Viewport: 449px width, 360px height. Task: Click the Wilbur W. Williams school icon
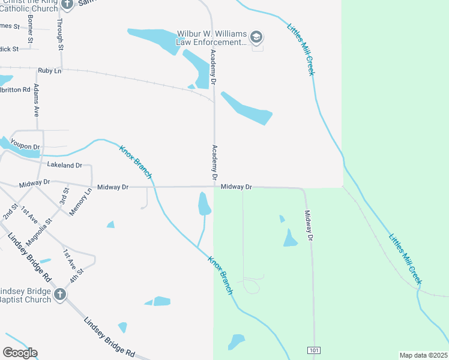[257, 38]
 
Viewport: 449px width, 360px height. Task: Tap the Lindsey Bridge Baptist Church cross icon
[59, 295]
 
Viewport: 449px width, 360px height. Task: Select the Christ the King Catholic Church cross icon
[67, 4]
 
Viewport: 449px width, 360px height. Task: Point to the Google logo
[20, 353]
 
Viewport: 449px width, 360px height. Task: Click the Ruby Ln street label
[50, 71]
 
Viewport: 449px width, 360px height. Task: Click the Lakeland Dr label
[64, 165]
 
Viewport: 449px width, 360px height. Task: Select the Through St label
[60, 28]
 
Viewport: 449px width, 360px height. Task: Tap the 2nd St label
[10, 211]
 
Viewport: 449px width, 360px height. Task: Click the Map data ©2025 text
[423, 355]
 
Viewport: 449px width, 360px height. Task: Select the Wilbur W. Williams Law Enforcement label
[211, 38]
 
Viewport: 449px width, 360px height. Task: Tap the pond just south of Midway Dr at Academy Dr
[204, 204]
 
